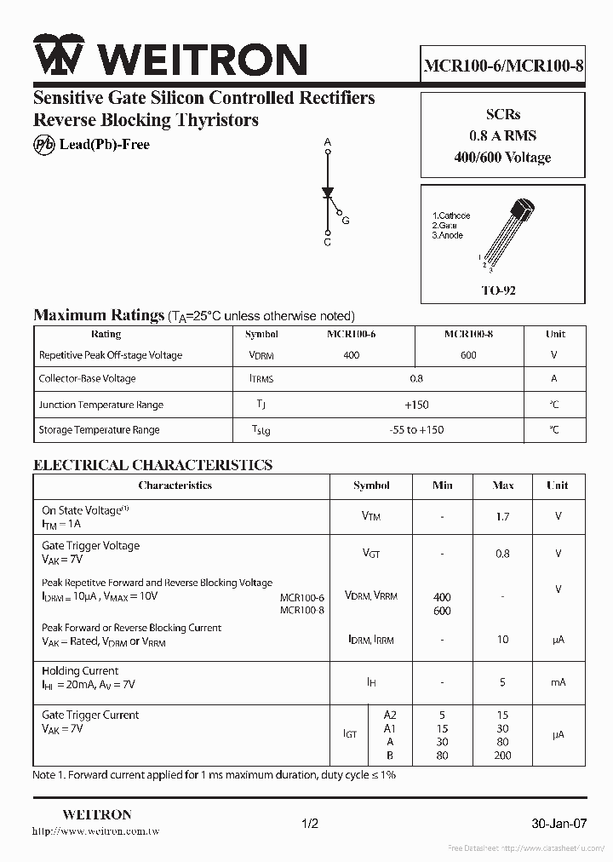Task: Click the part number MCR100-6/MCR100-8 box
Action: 503,65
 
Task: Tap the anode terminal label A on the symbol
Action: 328,142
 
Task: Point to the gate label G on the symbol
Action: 346,221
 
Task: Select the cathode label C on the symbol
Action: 328,243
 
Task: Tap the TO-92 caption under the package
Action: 498,290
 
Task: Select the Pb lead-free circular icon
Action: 43,145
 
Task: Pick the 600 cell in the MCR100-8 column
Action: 468,355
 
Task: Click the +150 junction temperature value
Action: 415,405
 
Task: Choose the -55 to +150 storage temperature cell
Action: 415,430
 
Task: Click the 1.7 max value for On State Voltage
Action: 502,516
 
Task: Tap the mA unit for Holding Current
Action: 558,682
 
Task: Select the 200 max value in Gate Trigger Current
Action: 502,756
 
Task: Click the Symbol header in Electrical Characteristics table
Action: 371,486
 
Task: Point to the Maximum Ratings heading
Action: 98,315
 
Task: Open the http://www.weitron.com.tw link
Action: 95,830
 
